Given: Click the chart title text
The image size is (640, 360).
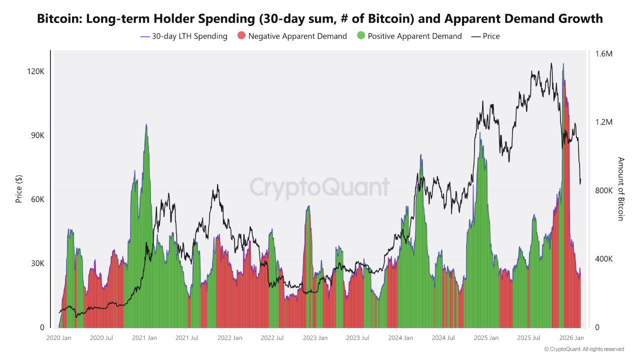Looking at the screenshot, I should point(320,19).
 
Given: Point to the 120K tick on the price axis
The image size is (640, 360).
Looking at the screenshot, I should point(35,71).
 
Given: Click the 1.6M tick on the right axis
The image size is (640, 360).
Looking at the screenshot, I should point(602,53).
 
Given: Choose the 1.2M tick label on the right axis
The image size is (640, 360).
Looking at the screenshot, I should point(602,122).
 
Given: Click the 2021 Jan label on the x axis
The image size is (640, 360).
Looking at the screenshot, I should point(144,338).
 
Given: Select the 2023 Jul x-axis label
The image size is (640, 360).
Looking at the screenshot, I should point(357,338).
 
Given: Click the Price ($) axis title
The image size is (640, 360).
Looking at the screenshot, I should point(19,189).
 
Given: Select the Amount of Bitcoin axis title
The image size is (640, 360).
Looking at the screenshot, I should point(621,189).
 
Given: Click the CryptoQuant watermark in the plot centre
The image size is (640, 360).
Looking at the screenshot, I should point(319,188).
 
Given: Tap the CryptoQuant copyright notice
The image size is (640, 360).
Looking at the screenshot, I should point(584,349).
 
